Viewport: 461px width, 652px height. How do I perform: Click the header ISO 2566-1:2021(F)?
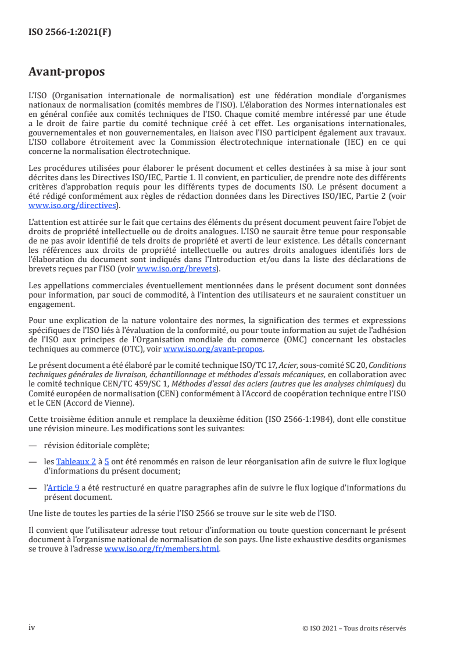click(70, 33)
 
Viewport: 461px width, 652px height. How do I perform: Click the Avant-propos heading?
click(67, 72)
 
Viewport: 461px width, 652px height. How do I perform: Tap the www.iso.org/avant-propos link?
click(213, 349)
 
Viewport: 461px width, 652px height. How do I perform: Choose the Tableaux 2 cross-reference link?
click(77, 461)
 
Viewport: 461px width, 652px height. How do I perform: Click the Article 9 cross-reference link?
click(64, 488)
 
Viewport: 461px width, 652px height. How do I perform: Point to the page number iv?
click(32, 628)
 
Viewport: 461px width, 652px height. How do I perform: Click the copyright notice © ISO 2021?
click(354, 628)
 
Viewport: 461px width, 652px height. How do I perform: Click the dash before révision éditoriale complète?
click(33, 446)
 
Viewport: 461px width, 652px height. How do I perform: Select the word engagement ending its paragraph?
click(51, 303)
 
